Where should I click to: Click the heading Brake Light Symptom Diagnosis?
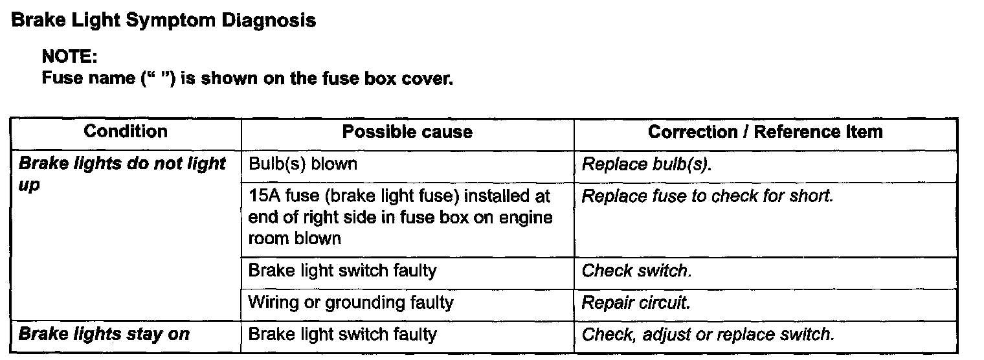(x=164, y=21)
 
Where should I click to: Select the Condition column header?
(x=126, y=132)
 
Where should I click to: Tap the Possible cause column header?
(x=407, y=132)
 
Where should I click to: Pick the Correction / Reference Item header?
(x=765, y=132)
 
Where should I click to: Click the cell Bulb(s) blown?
(x=302, y=164)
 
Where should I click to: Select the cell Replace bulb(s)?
(x=647, y=164)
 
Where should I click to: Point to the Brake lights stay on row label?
(x=104, y=335)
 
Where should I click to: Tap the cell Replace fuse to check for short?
(x=707, y=196)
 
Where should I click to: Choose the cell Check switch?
(x=637, y=270)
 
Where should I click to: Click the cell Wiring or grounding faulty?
(x=351, y=302)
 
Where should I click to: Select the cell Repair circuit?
(x=636, y=302)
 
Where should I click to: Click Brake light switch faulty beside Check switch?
(x=342, y=270)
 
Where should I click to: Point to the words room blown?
(x=295, y=238)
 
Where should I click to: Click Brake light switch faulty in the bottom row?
(x=342, y=335)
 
